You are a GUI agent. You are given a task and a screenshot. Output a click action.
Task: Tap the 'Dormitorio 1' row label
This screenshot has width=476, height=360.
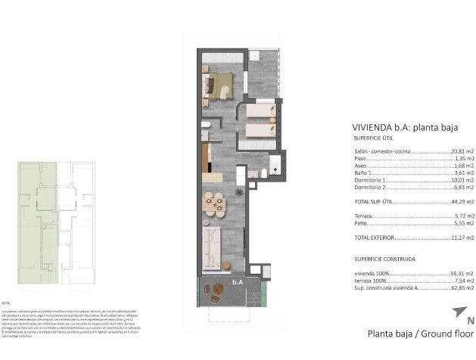tap(370, 180)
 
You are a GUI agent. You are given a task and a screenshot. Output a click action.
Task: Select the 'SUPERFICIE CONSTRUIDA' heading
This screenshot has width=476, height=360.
tap(384, 259)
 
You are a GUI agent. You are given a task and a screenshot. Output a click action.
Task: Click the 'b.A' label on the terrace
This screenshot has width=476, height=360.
tap(237, 282)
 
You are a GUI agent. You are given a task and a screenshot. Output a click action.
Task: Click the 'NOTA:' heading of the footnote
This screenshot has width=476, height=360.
tap(7, 302)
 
